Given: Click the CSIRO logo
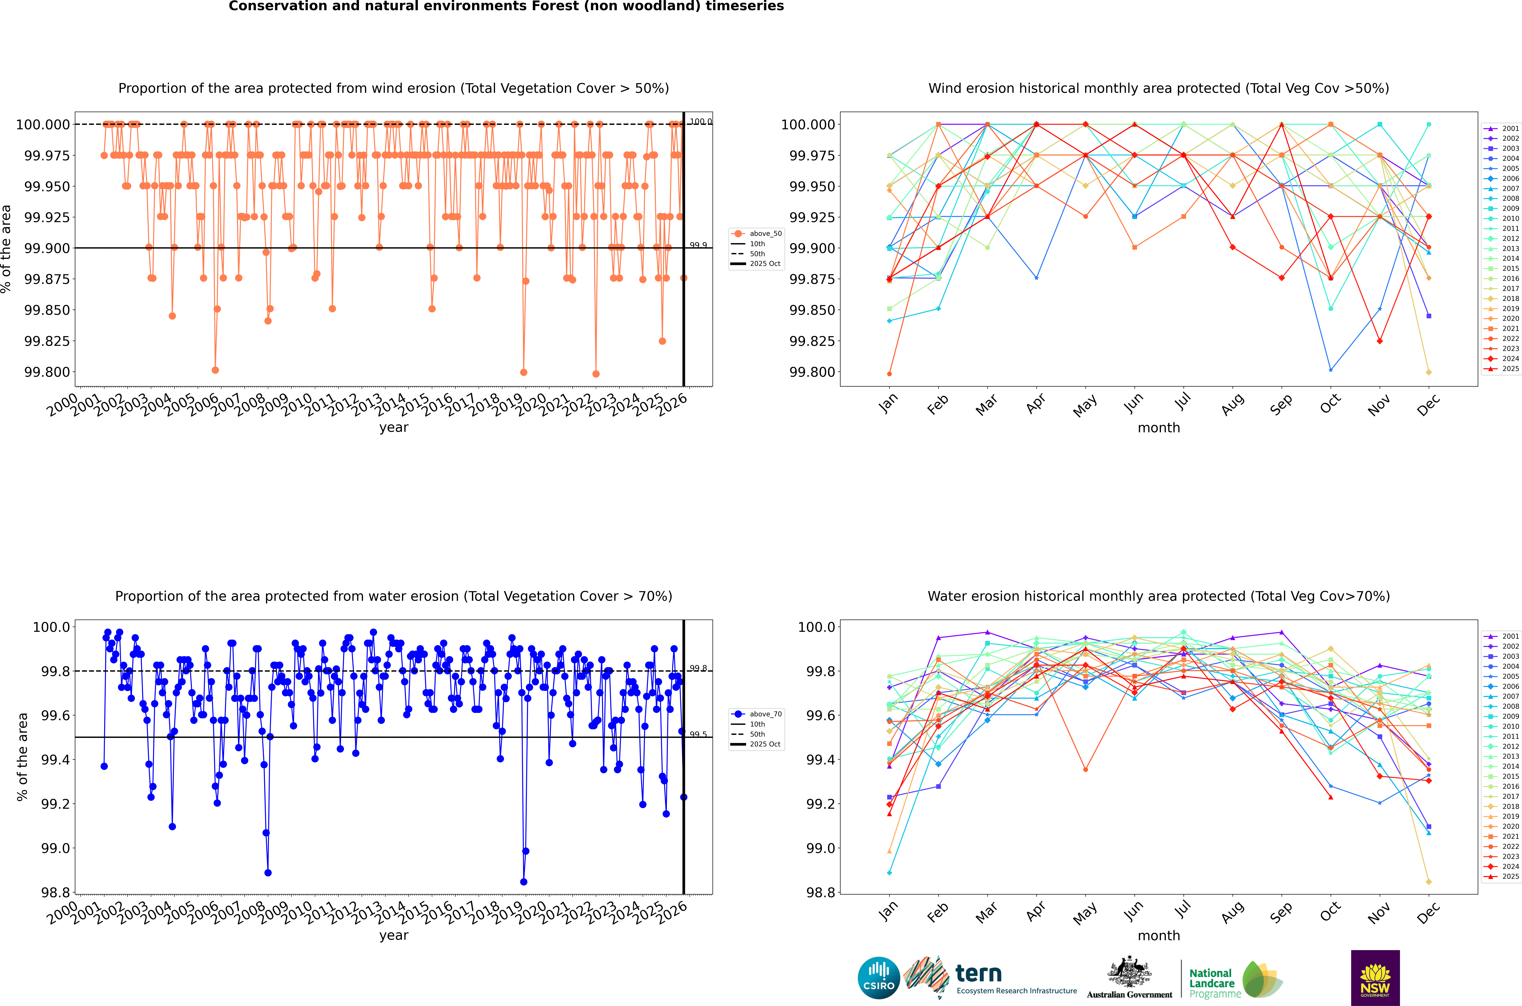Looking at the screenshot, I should click(878, 978).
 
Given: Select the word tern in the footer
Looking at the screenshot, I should click(978, 973).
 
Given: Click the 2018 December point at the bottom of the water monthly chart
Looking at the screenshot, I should click(1428, 881).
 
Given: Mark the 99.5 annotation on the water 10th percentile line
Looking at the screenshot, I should click(698, 734).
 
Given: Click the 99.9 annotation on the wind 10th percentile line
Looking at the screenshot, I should click(698, 245).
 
